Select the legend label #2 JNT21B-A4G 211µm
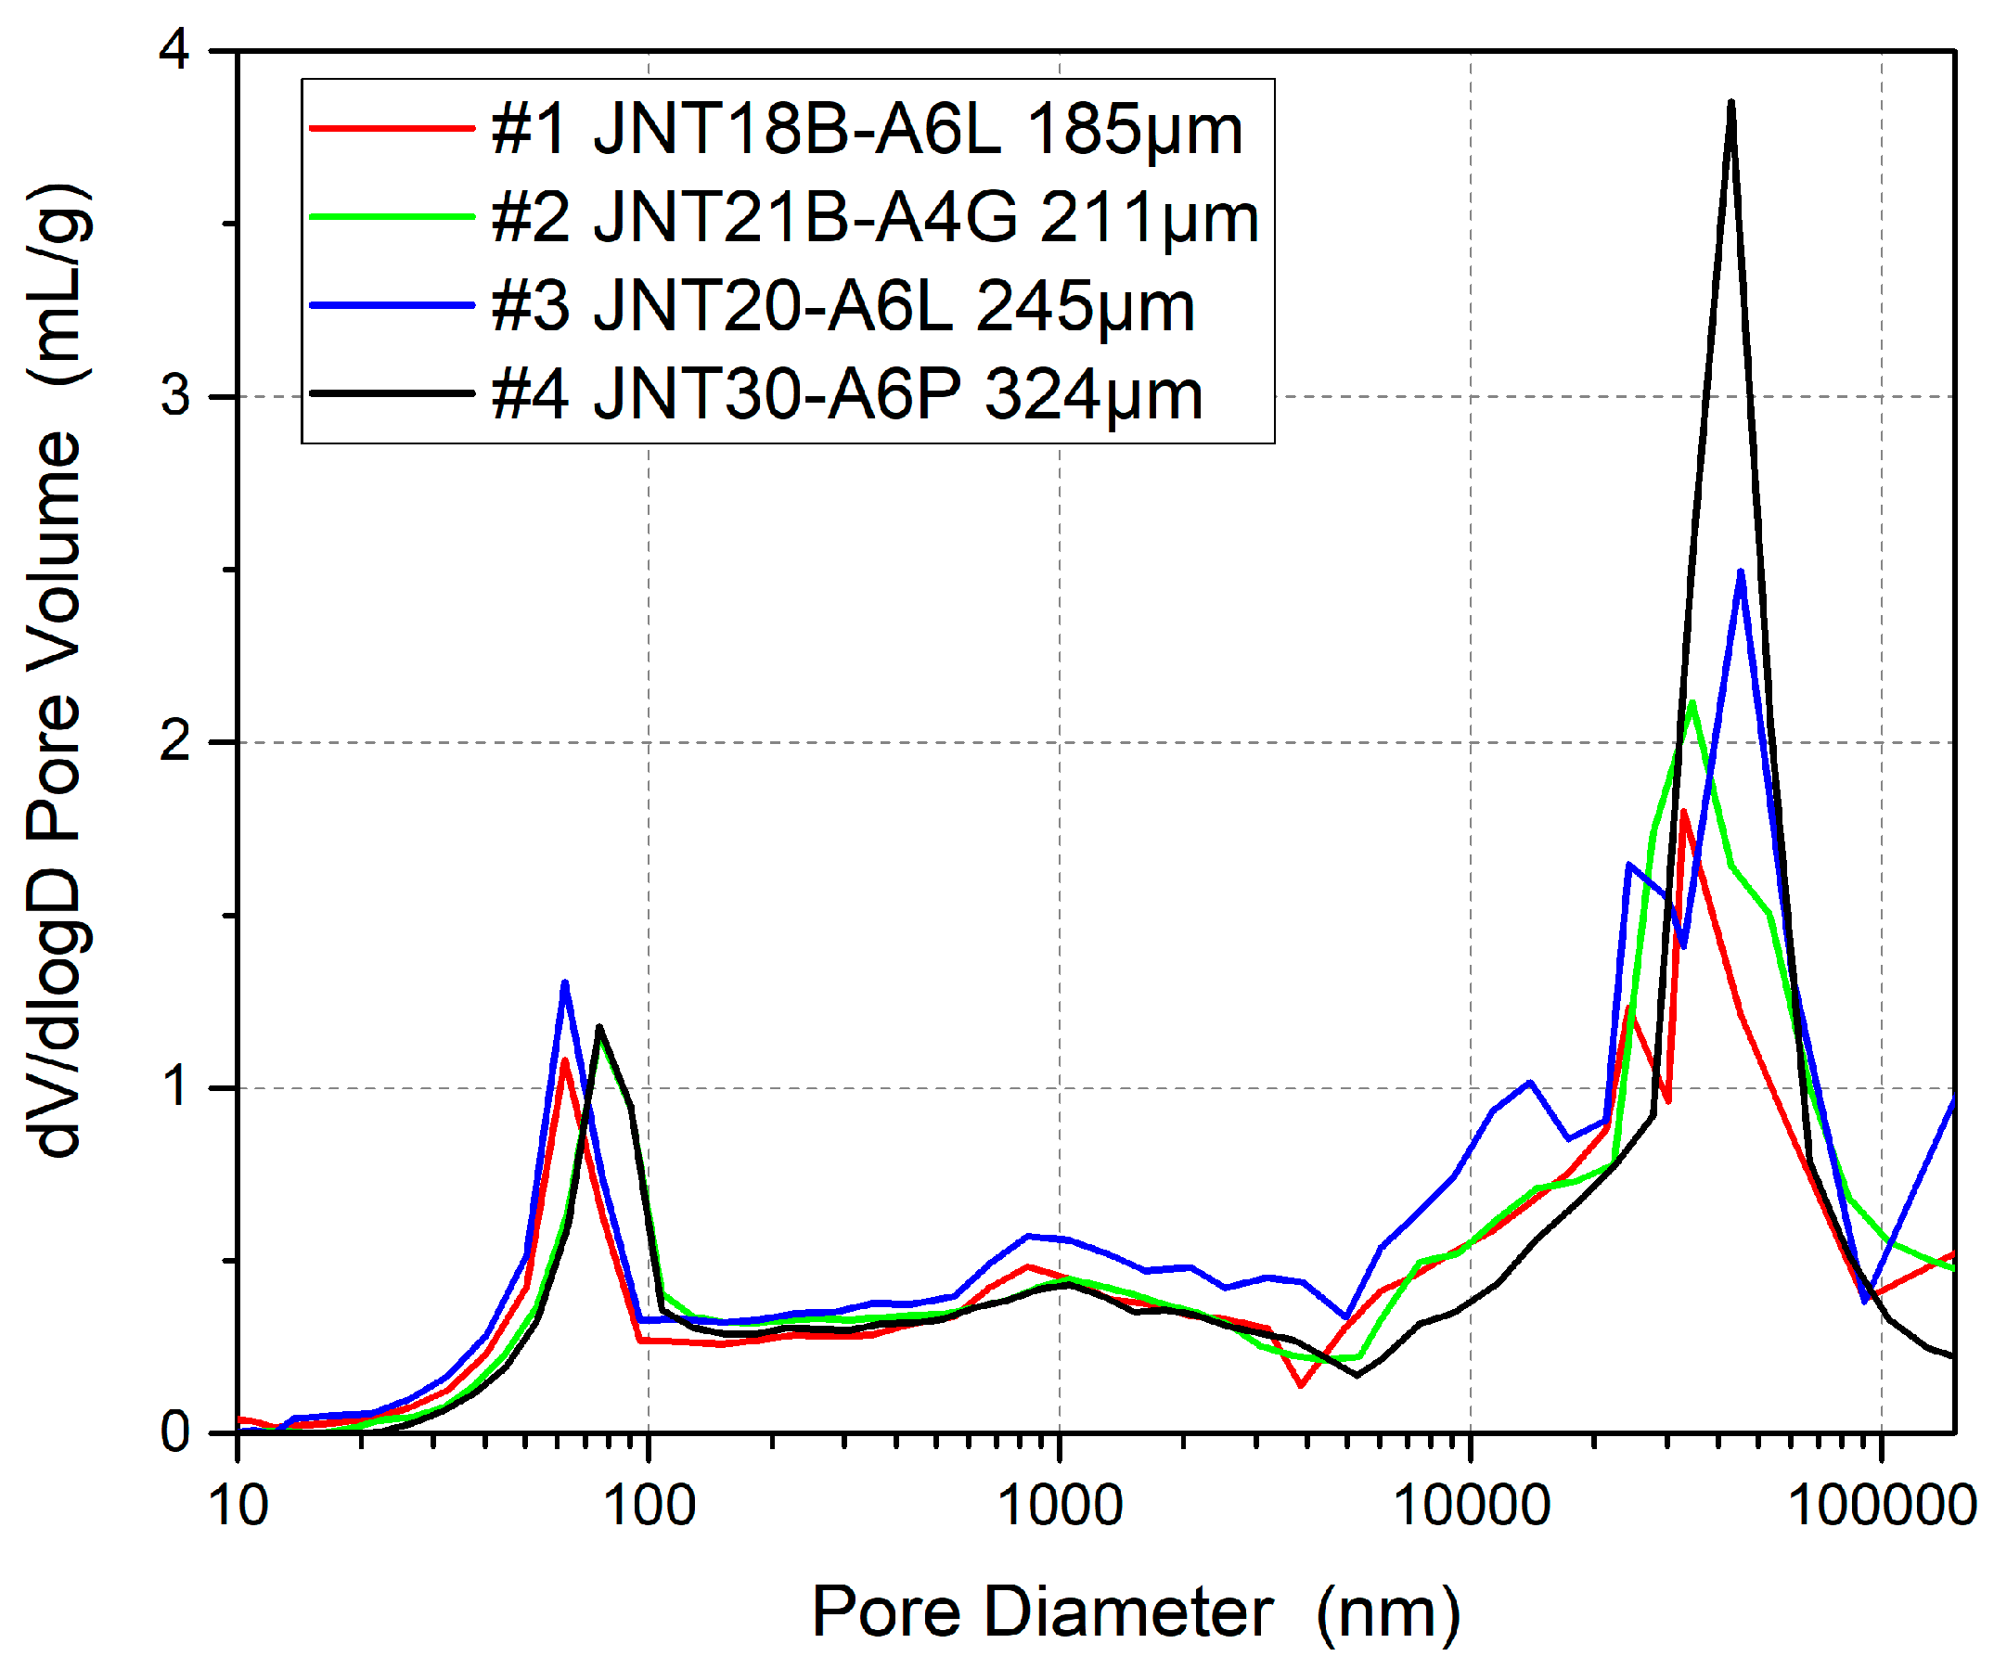click(874, 218)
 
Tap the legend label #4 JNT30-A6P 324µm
click(846, 395)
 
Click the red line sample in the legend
click(392, 128)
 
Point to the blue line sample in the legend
click(392, 306)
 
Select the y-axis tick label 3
click(174, 395)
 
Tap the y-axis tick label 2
click(174, 741)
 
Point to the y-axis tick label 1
click(176, 1087)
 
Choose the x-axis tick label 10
click(238, 1507)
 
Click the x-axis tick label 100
click(650, 1507)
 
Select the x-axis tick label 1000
click(1061, 1507)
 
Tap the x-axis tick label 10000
click(1471, 1507)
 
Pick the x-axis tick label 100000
click(1882, 1507)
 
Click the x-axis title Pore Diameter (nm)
click(1136, 1613)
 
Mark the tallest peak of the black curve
click(1732, 103)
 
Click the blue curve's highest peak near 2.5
click(1741, 572)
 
